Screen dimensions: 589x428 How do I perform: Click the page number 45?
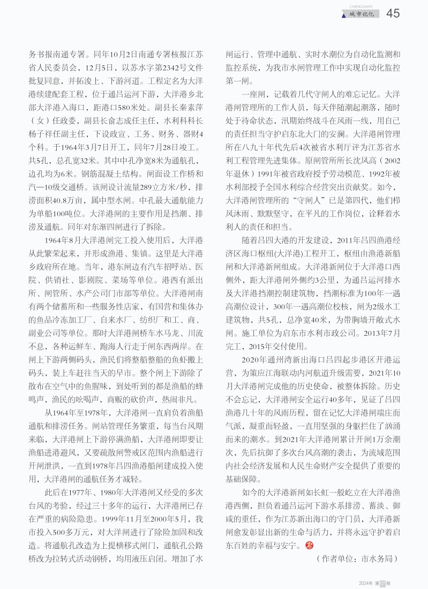click(x=393, y=13)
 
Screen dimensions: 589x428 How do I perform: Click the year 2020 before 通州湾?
click(x=252, y=358)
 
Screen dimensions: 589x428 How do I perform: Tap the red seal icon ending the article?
click(x=307, y=545)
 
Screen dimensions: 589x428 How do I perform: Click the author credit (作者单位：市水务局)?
click(x=357, y=558)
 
